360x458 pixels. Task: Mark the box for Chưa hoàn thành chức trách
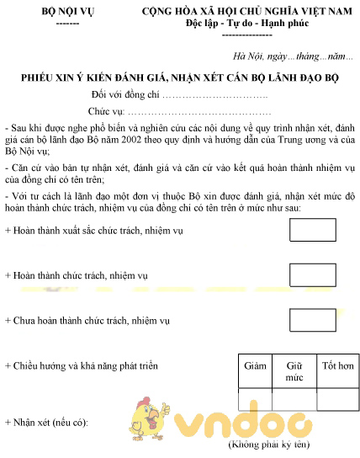[x=312, y=321]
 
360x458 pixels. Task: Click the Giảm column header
[x=255, y=366]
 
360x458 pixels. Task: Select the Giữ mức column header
[x=294, y=372]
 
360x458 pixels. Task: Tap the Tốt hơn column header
[x=337, y=366]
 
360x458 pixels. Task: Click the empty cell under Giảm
[x=255, y=399]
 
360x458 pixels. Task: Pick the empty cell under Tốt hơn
[x=337, y=399]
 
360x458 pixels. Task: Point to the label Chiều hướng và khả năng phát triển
[x=82, y=366]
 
